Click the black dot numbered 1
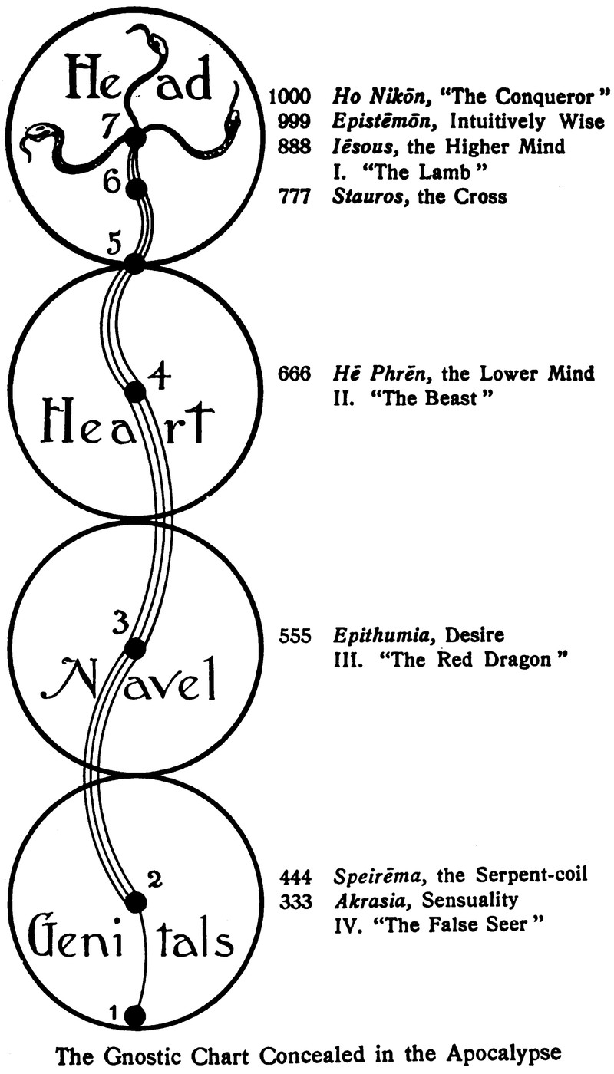(135, 1016)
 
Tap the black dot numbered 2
(135, 902)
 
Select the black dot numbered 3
(135, 648)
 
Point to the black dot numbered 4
(135, 392)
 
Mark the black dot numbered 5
(134, 263)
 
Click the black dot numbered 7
(135, 139)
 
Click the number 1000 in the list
(290, 97)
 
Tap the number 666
(295, 374)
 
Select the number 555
(295, 636)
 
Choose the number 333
(295, 901)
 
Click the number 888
(295, 146)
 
